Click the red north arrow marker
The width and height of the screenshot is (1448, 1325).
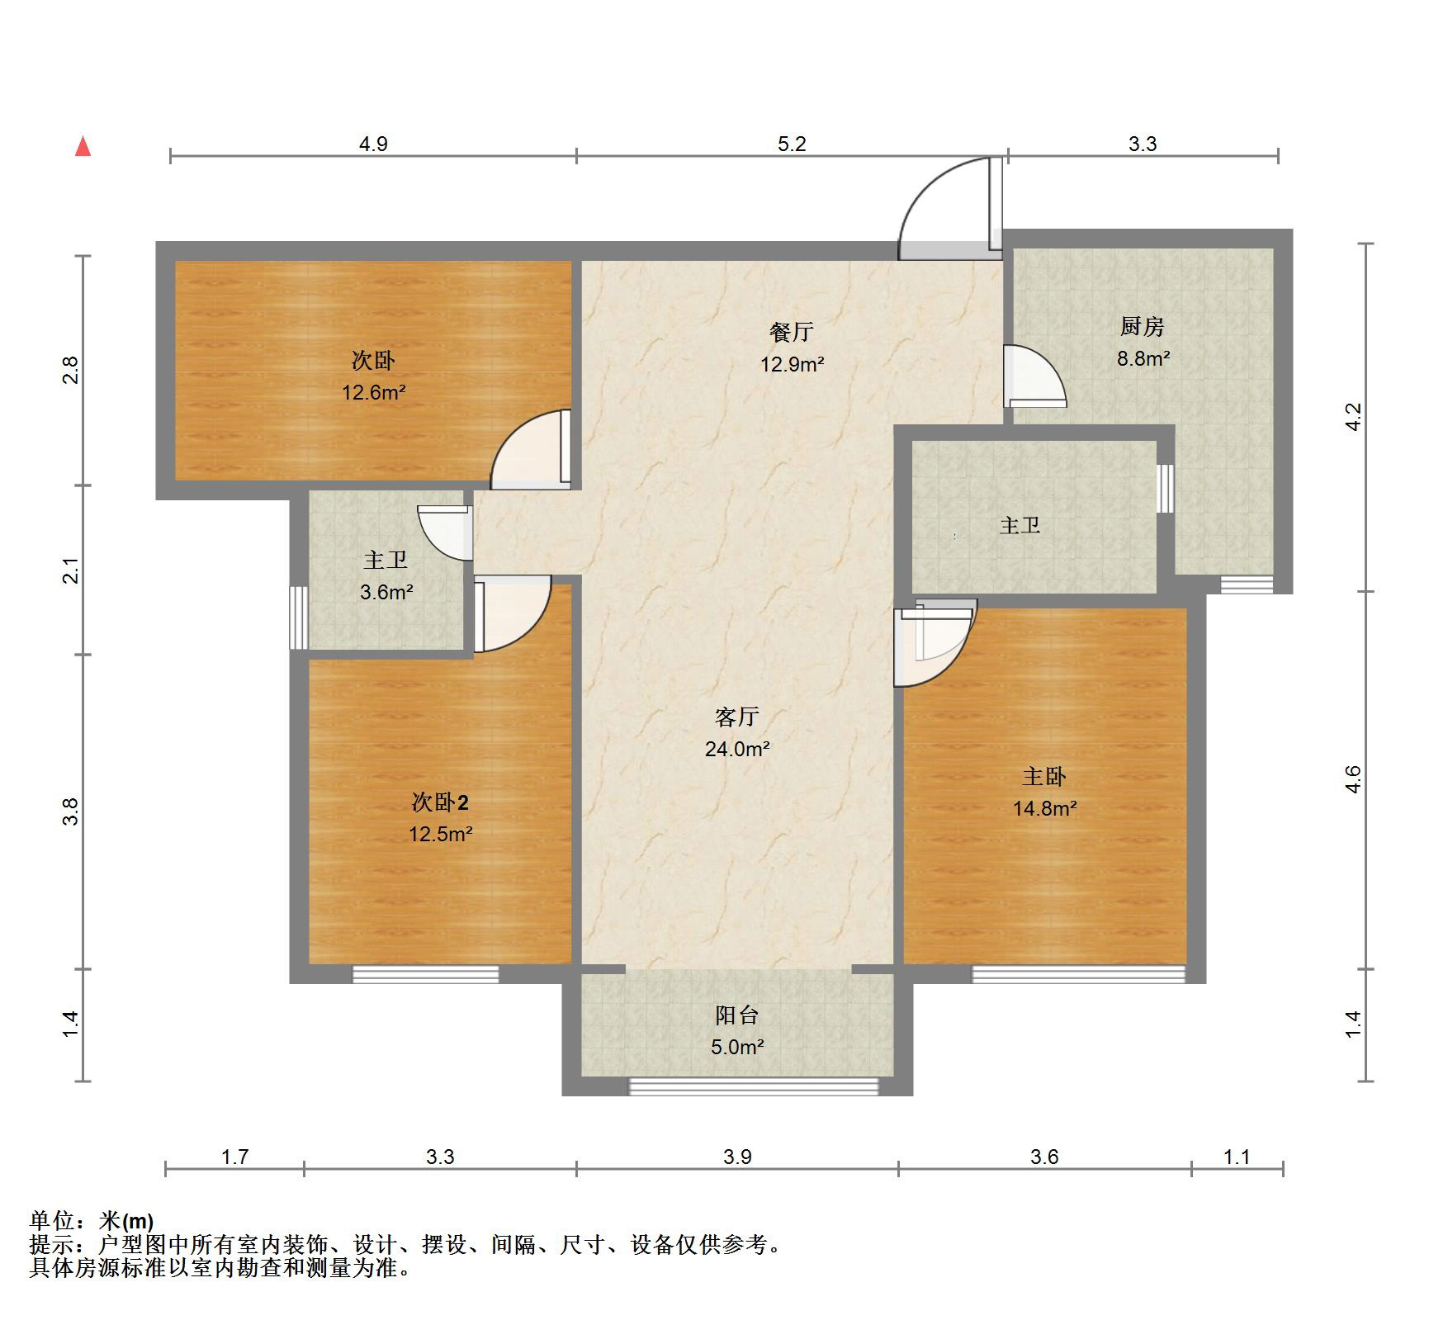coord(83,146)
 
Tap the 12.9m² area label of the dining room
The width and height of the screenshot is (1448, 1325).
coord(792,364)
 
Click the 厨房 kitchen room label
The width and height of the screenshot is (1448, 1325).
coord(1142,327)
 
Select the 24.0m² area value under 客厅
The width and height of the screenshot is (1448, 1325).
coord(736,749)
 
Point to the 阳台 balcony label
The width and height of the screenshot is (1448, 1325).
coord(736,1015)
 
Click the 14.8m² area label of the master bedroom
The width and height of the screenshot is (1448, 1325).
coord(1044,808)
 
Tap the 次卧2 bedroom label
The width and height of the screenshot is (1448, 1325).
coord(440,802)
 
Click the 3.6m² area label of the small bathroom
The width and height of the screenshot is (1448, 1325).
coord(386,592)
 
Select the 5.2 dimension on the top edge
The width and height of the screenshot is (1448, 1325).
coord(791,144)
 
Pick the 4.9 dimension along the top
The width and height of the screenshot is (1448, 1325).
coord(372,144)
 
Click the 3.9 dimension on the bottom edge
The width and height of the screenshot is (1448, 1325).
coord(736,1157)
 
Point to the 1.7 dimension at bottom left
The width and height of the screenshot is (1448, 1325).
coord(234,1157)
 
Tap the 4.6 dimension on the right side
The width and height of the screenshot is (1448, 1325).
coord(1352,779)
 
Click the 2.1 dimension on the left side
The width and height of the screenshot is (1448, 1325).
coord(72,570)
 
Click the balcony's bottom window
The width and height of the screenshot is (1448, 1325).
coord(753,1086)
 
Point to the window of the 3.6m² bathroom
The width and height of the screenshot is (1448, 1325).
coord(298,618)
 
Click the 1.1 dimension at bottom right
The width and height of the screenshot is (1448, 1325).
coord(1236,1157)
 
